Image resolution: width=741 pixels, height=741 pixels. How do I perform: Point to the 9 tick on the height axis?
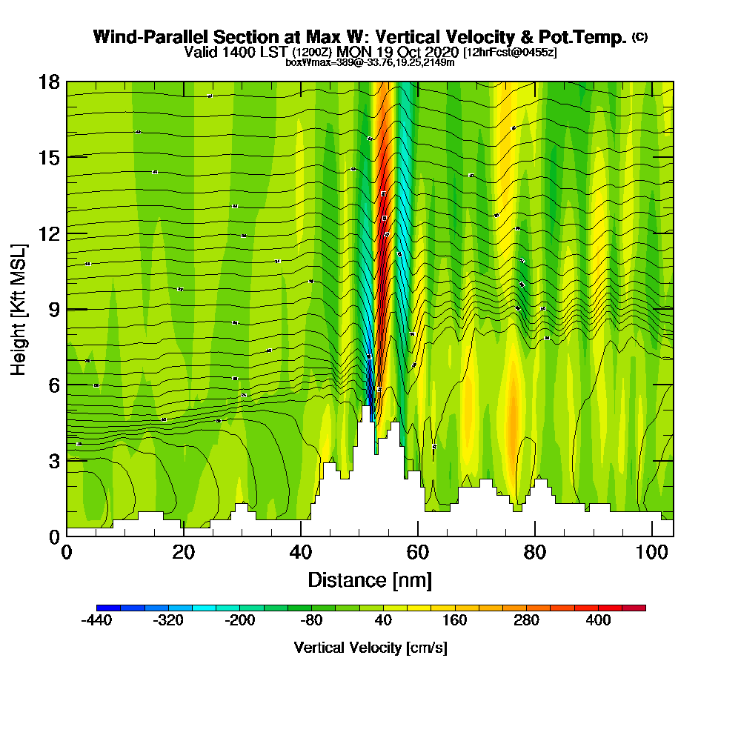67,309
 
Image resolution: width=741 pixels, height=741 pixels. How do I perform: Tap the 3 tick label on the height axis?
53,460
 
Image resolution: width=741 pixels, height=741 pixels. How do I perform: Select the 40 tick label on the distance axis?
300,552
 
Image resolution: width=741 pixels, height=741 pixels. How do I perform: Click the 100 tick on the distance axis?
651,536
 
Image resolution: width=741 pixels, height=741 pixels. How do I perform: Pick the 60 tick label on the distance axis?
417,552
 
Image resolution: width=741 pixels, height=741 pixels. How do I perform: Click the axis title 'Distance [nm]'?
370,579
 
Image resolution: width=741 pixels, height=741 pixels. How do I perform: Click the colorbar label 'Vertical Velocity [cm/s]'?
370,648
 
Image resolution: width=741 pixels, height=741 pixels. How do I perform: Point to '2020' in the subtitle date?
443,52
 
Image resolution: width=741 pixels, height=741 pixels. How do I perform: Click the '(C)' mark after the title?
639,36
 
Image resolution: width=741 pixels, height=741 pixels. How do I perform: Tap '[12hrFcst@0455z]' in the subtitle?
510,53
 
